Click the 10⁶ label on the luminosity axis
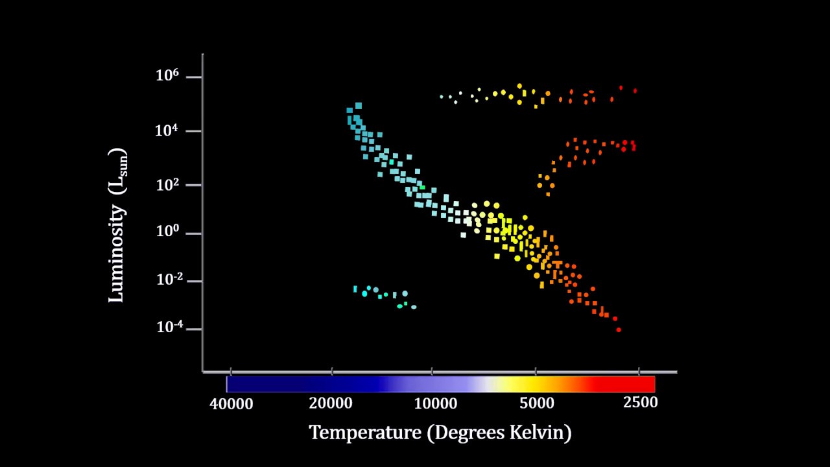[167, 76]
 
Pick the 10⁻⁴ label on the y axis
[167, 328]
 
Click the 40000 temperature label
[231, 403]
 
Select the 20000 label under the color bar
[331, 403]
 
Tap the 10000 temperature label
[436, 403]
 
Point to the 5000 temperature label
[537, 403]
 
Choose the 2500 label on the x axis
[640, 402]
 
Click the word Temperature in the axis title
[365, 432]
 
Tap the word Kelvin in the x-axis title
[541, 432]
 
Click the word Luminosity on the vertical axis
[117, 254]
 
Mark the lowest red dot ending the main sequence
[619, 329]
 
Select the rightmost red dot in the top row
[635, 91]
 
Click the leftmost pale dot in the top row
[441, 97]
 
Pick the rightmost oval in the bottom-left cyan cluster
[414, 307]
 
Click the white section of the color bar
[483, 384]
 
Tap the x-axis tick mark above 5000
[536, 372]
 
